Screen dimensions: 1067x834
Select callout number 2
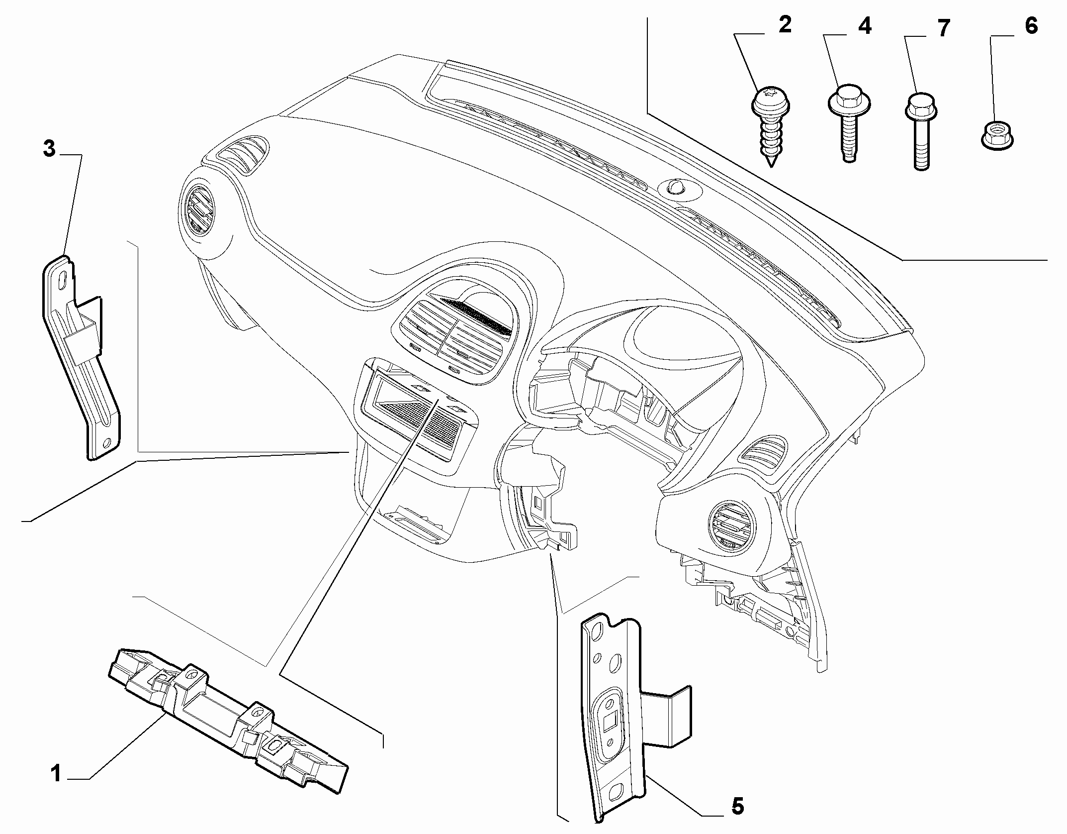coord(785,24)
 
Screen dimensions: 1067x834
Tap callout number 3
coord(49,149)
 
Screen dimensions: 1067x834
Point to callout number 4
coord(865,26)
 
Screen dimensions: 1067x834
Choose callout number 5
coord(737,806)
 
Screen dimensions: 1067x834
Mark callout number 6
coord(1032,26)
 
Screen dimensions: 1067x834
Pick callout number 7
coord(943,28)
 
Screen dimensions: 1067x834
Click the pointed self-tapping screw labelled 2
coord(770,126)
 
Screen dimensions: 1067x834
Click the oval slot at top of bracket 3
coord(64,278)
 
